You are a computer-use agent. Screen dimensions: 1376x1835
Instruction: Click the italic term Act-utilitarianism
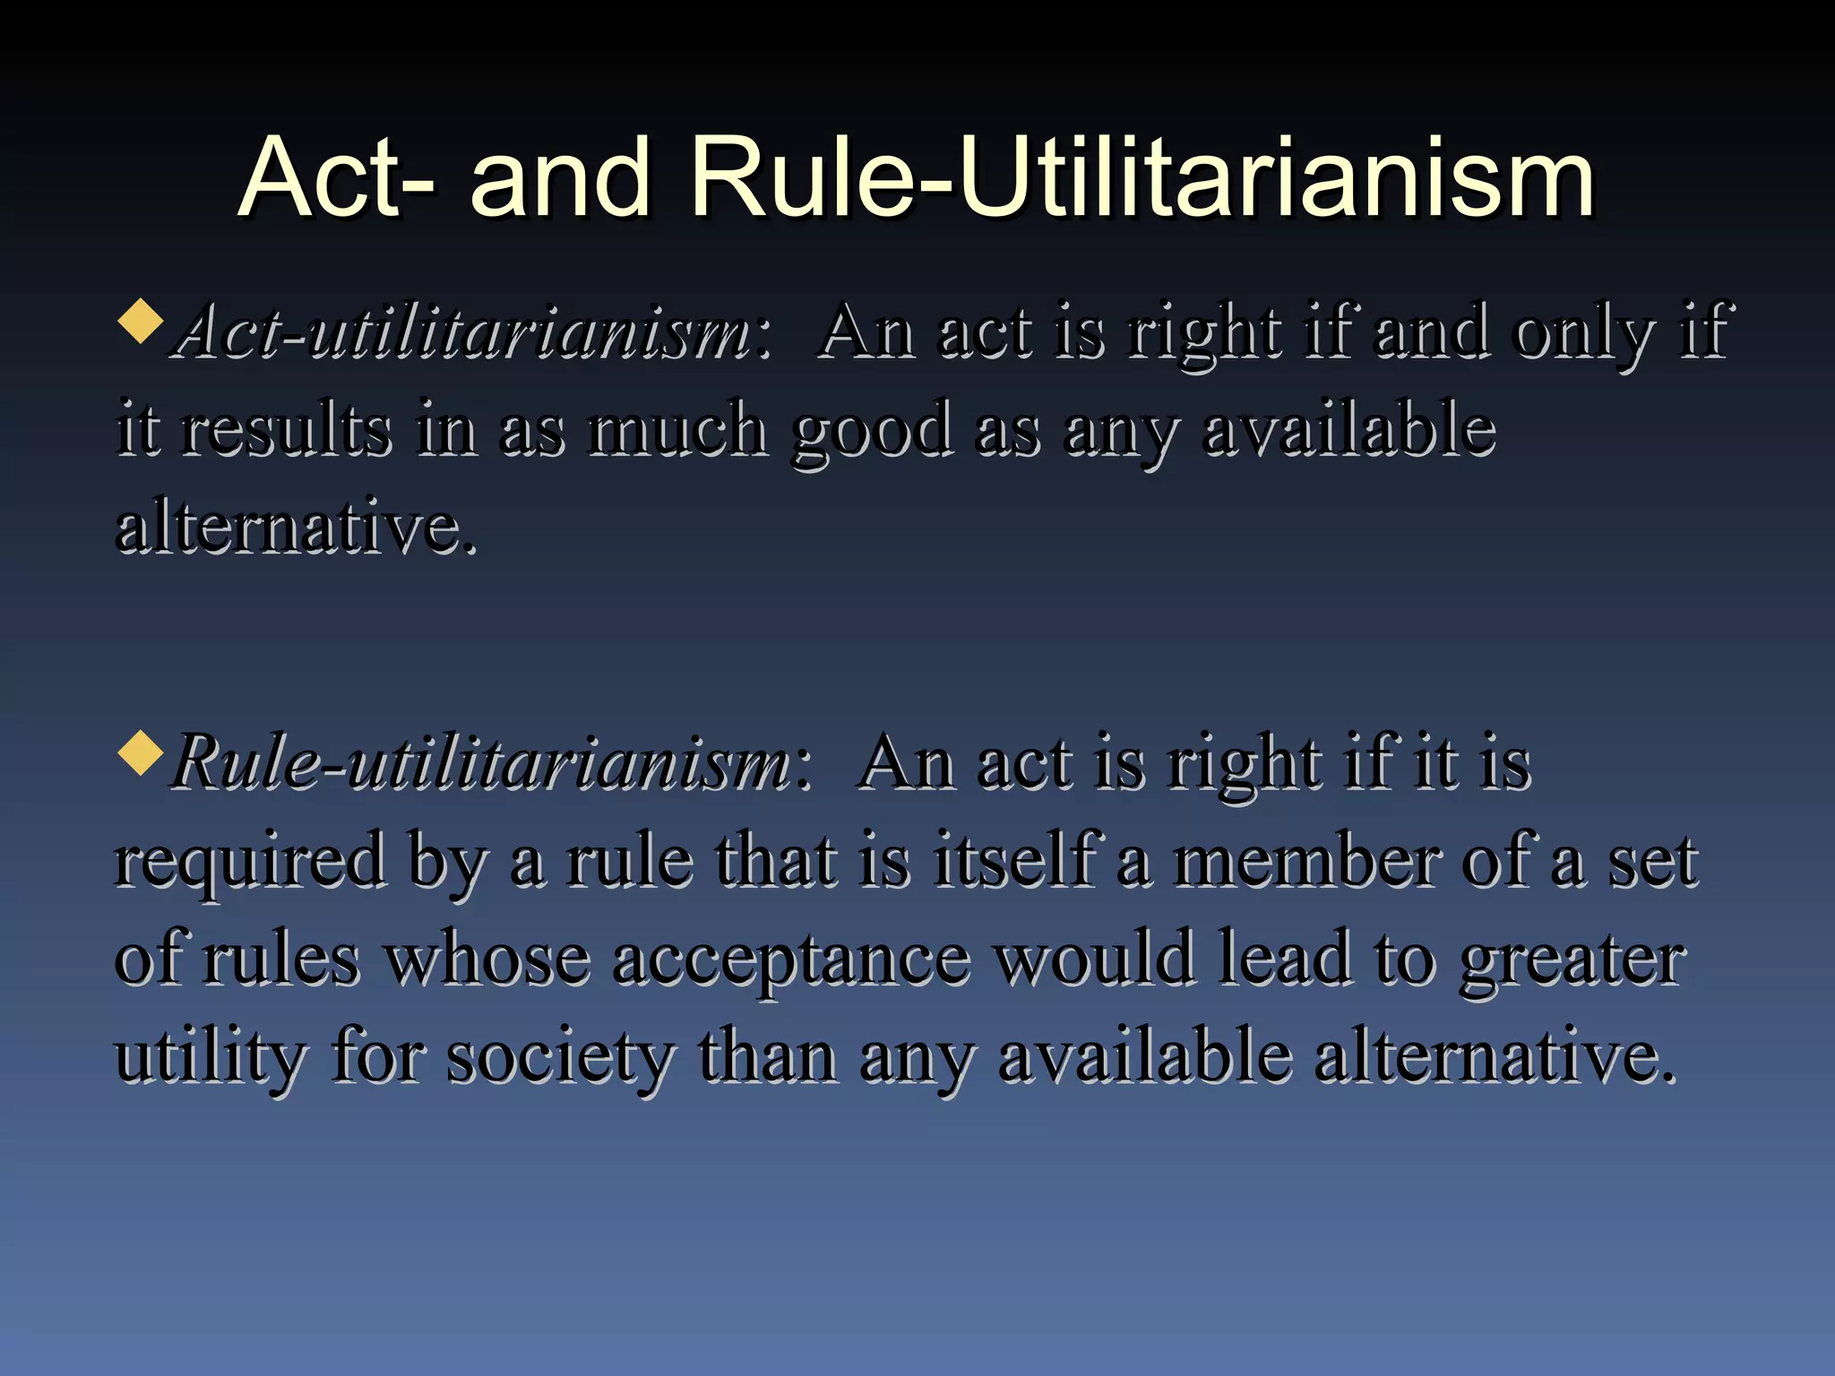coord(466,331)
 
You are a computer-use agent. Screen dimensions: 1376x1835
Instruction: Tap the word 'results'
coord(287,428)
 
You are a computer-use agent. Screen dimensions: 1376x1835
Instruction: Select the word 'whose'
coord(487,959)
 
